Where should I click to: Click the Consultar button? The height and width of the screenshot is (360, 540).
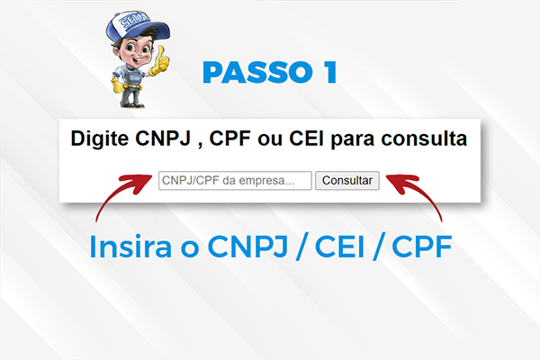pyautogui.click(x=347, y=181)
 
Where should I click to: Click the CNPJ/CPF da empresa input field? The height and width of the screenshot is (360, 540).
pyautogui.click(x=235, y=181)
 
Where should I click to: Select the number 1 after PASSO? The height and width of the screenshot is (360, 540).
pyautogui.click(x=331, y=72)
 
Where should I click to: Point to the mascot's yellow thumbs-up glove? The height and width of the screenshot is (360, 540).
pyautogui.click(x=160, y=62)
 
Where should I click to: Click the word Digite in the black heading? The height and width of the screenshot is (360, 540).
pyautogui.click(x=100, y=139)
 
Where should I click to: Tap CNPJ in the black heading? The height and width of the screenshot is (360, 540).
pyautogui.click(x=163, y=139)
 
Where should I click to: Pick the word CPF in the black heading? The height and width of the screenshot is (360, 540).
pyautogui.click(x=229, y=139)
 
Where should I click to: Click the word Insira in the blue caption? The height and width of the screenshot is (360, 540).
pyautogui.click(x=130, y=247)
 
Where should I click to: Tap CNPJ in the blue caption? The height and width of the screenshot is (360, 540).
pyautogui.click(x=248, y=247)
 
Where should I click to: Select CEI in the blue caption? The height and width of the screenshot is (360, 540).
pyautogui.click(x=340, y=247)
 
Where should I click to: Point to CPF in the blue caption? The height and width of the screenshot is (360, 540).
pyautogui.click(x=422, y=247)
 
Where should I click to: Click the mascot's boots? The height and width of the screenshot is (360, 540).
pyautogui.click(x=131, y=103)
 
